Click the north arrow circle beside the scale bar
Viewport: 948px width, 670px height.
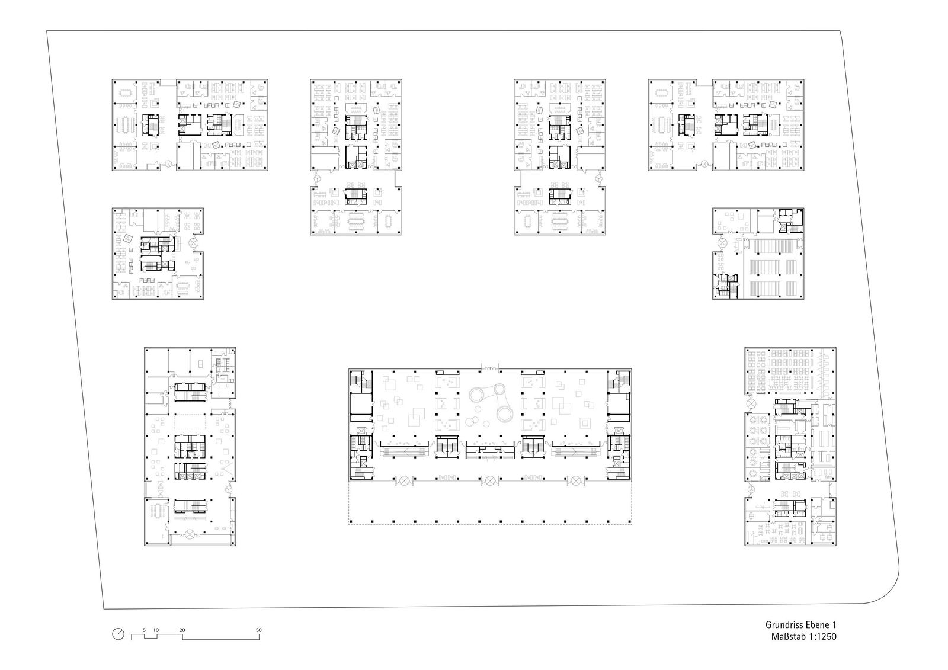[x=118, y=634]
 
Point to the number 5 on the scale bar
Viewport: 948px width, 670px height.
[x=144, y=630]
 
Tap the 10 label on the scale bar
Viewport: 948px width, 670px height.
[x=156, y=630]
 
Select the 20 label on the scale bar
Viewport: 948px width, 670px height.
[x=182, y=630]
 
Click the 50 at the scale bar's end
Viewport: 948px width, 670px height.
[x=258, y=630]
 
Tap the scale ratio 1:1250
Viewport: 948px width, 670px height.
[x=820, y=637]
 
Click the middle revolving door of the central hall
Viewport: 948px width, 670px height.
[x=489, y=480]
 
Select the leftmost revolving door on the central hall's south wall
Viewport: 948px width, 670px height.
[x=405, y=480]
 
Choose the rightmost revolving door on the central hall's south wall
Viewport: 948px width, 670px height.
[x=576, y=480]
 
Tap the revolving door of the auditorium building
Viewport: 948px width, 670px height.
[x=722, y=243]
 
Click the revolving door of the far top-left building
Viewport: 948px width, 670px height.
[x=168, y=164]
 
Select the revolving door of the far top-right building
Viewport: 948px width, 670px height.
[x=704, y=164]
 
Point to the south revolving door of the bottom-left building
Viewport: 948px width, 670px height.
[x=190, y=534]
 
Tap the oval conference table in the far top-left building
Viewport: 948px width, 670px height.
[x=126, y=92]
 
